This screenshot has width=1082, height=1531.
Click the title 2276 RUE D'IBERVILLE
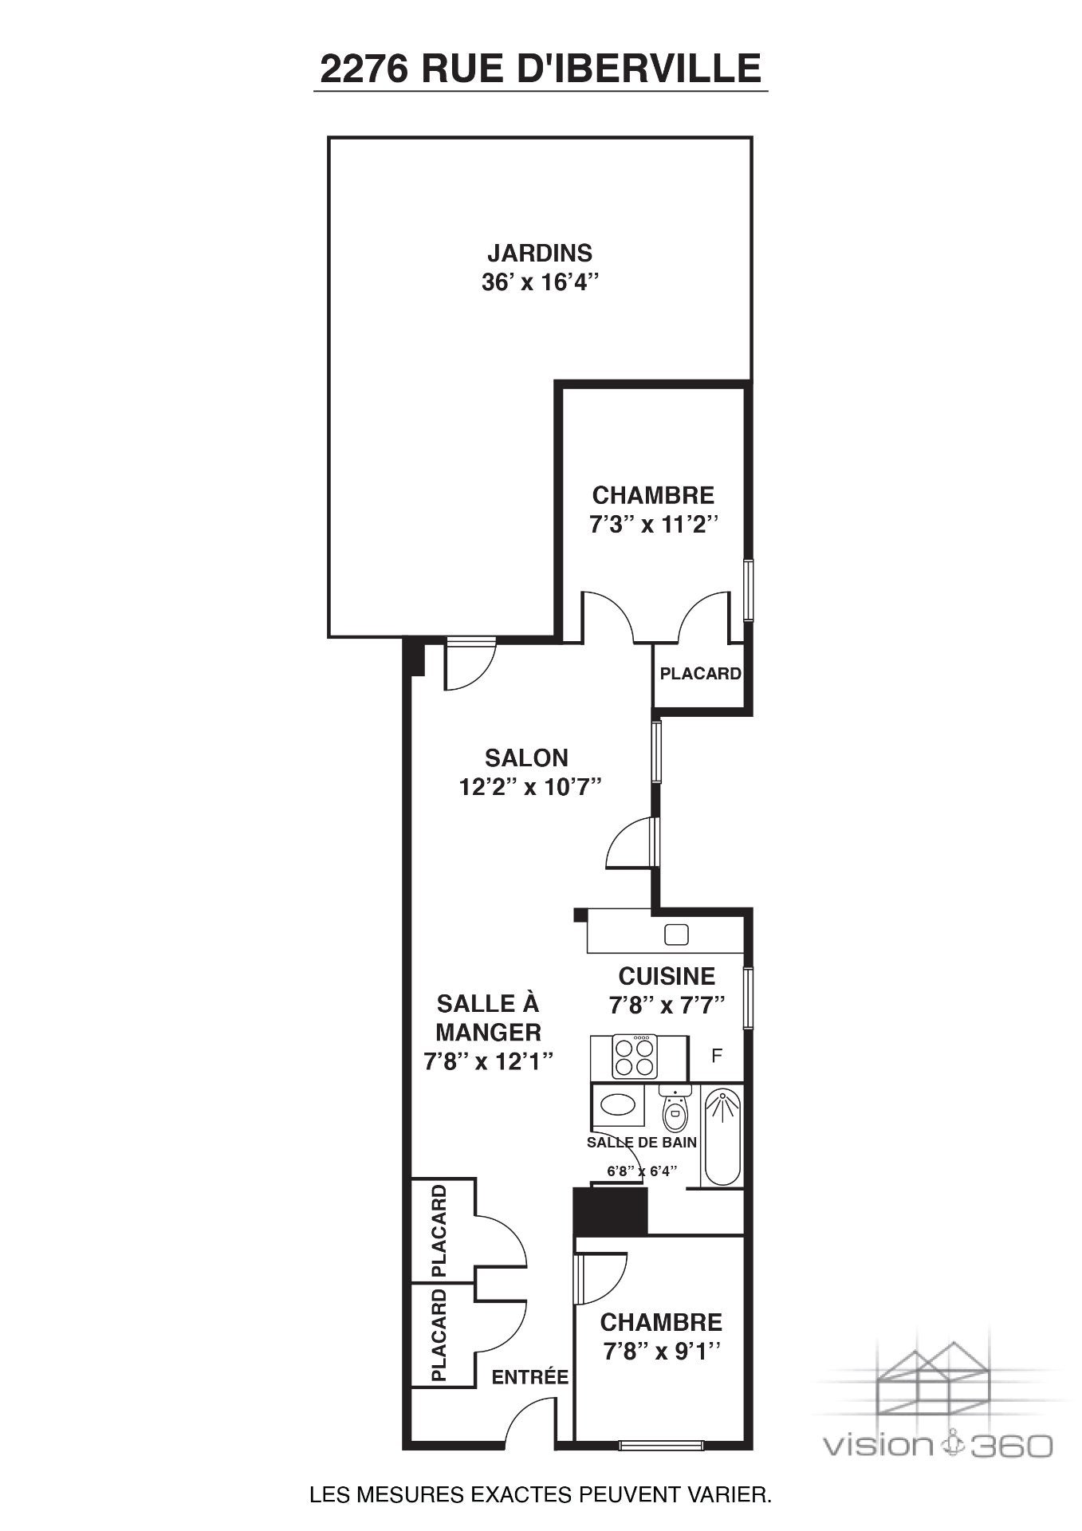541,69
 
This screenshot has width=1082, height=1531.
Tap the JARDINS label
540,253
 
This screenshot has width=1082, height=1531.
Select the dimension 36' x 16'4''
540,283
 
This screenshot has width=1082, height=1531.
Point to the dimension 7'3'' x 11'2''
653,525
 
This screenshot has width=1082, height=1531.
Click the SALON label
526,757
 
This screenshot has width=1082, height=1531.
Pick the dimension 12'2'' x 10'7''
529,788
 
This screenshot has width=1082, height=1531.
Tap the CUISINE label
667,976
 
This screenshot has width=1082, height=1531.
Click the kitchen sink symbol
678,934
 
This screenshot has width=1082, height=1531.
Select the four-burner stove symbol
635,1056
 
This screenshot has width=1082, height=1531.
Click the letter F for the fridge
717,1056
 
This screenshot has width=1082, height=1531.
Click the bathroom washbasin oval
619,1104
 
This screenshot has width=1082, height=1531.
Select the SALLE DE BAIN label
642,1142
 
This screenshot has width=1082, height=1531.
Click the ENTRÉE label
529,1376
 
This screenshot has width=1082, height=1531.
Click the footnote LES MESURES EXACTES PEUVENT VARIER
541,1494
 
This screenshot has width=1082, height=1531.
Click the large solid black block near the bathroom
611,1210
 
